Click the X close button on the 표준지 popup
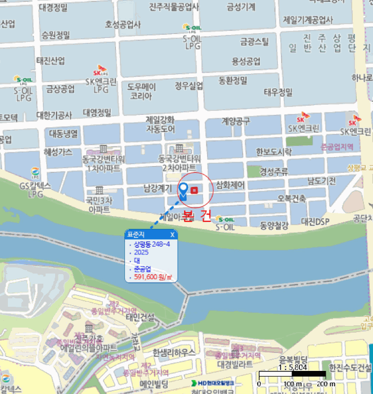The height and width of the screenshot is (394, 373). [172, 234]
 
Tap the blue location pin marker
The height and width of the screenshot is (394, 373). [183, 190]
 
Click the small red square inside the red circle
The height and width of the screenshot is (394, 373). [195, 190]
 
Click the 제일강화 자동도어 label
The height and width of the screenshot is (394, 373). [160, 124]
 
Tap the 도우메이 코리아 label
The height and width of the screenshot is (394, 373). [141, 92]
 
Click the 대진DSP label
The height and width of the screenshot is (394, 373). [315, 221]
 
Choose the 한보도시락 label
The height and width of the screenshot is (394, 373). [274, 152]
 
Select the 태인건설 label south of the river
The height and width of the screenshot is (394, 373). [140, 317]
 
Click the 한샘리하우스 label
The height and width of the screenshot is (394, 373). [174, 352]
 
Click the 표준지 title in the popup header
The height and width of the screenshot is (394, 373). [137, 234]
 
